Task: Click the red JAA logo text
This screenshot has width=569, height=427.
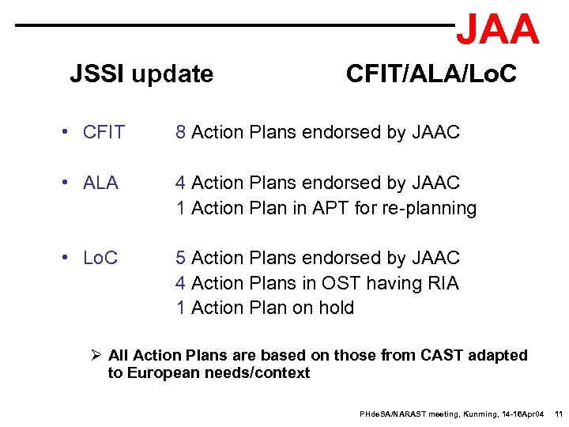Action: [x=498, y=30]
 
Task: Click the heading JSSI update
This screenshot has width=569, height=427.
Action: [x=141, y=74]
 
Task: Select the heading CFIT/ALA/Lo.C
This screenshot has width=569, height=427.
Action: [x=431, y=74]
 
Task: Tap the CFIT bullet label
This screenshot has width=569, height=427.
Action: [x=104, y=133]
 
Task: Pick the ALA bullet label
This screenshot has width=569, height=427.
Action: [x=100, y=183]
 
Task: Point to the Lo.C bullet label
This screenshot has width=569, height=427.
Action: [x=100, y=259]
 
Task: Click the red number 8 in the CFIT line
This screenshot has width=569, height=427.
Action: [x=181, y=133]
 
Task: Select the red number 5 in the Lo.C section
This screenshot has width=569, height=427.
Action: [x=181, y=259]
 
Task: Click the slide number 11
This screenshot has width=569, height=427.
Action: [x=557, y=414]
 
